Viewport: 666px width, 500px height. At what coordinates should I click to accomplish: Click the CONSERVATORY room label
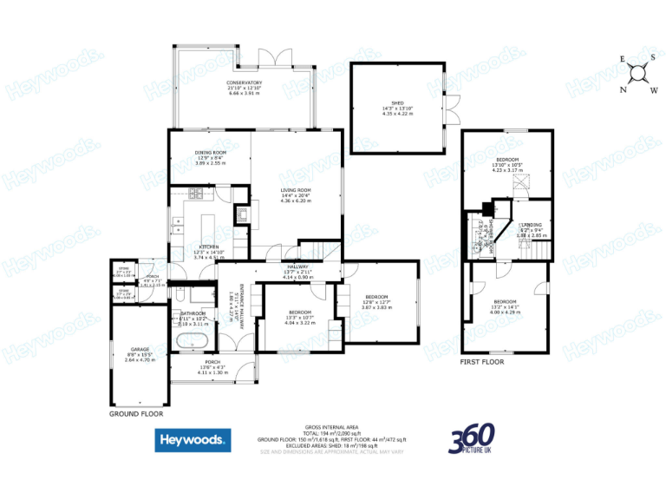point(245,83)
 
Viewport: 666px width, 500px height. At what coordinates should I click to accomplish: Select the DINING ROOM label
point(210,154)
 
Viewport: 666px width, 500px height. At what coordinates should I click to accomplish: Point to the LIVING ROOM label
point(296,190)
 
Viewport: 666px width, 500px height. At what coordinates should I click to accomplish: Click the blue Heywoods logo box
point(193,440)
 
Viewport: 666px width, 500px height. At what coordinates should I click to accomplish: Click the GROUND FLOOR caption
point(137,414)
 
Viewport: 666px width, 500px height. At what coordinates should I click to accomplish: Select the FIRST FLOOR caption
point(482,361)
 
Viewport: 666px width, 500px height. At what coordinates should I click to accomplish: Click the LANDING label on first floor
point(531,225)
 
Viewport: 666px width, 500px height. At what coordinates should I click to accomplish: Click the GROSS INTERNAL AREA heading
point(331,428)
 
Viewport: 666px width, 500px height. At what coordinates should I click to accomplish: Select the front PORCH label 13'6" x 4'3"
point(212,362)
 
